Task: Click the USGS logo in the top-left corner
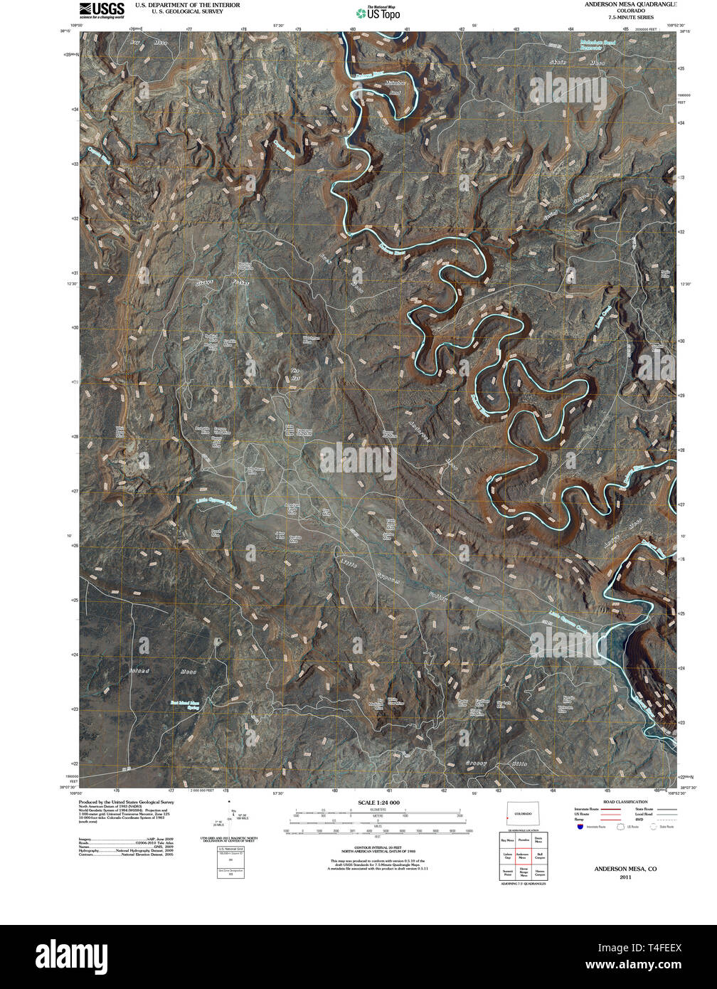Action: tap(100, 9)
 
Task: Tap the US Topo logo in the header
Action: tap(378, 13)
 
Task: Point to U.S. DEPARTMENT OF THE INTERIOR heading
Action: tap(188, 5)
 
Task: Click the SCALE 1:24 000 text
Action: tap(378, 803)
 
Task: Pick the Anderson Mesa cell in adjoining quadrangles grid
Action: tap(523, 856)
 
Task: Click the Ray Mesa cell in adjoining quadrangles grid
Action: tap(507, 840)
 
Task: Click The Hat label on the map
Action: tap(295, 374)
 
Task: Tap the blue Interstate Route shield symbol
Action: tap(580, 827)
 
